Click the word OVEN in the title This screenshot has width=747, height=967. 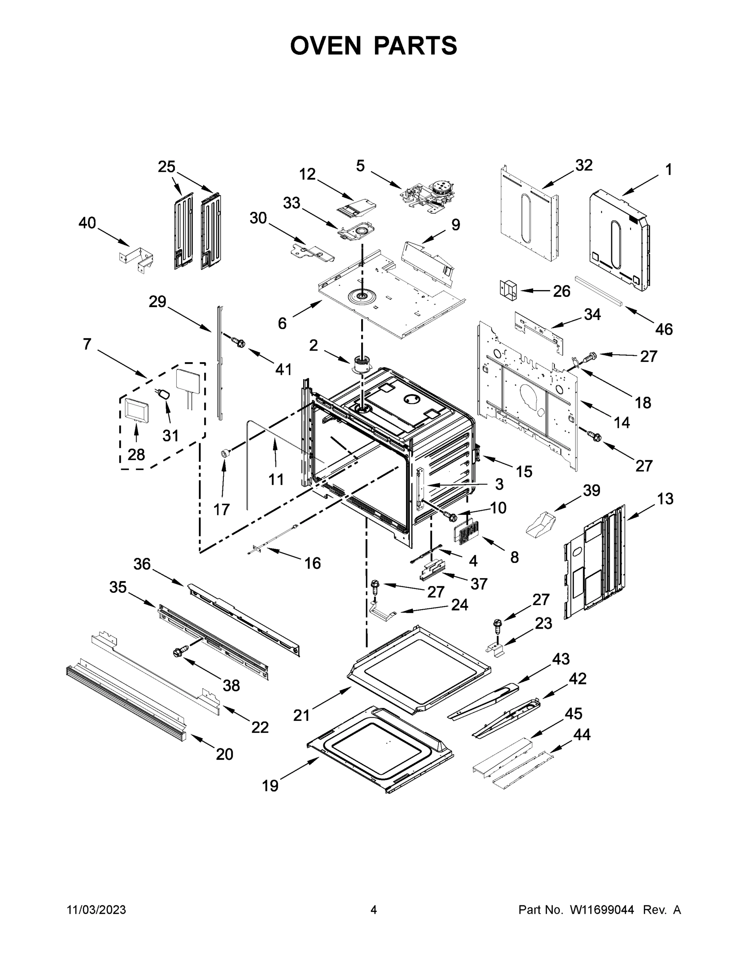point(326,45)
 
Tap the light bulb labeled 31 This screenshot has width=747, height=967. point(164,394)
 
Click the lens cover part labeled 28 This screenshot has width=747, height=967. point(135,409)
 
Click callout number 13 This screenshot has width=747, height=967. point(665,498)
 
